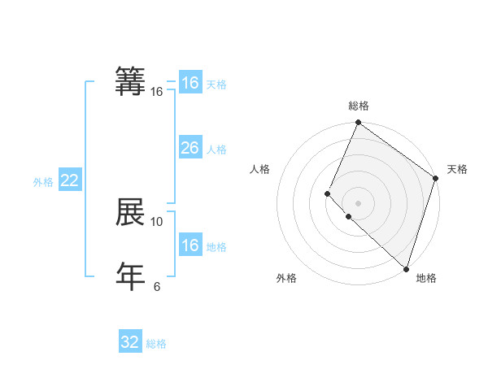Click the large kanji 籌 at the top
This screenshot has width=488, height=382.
click(x=130, y=82)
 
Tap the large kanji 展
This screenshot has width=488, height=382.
click(x=130, y=212)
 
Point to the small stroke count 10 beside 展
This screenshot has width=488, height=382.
click(x=157, y=221)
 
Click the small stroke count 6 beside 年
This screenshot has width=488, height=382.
click(x=157, y=286)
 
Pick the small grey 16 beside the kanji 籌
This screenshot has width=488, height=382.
click(x=157, y=92)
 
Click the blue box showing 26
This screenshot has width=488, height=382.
click(x=190, y=148)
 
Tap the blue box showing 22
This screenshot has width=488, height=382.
click(x=69, y=181)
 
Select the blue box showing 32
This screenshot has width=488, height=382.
click(x=130, y=342)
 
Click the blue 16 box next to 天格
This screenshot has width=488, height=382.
click(x=190, y=83)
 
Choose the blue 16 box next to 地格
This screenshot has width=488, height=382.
click(x=190, y=245)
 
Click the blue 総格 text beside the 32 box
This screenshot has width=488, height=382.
click(x=156, y=344)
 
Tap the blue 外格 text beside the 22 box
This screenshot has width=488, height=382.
click(x=43, y=182)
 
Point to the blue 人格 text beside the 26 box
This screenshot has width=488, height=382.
click(x=216, y=150)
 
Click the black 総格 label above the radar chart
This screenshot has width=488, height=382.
click(x=359, y=106)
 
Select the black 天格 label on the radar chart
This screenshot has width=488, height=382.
click(x=457, y=169)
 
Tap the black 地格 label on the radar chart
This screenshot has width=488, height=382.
click(x=426, y=278)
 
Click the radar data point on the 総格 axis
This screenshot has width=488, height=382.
click(x=358, y=123)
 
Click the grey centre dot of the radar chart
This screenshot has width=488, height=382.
click(x=358, y=203)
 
